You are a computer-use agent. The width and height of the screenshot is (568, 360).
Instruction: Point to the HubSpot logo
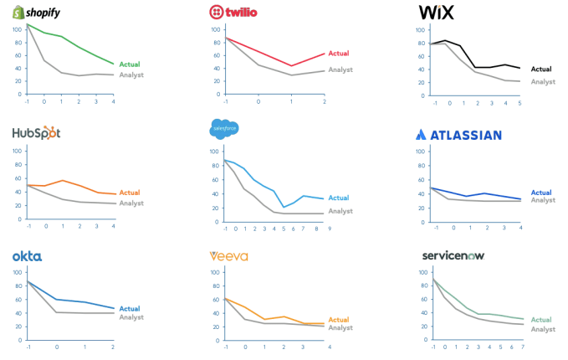tap(36, 133)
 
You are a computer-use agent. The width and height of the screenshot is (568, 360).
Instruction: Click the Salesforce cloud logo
tap(224, 129)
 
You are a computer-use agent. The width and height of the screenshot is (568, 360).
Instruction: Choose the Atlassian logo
tap(458, 134)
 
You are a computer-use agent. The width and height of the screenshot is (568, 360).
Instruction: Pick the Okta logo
tap(27, 255)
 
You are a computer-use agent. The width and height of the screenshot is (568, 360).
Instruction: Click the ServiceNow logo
tap(452, 255)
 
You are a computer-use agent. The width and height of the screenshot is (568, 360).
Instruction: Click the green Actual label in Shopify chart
tap(130, 64)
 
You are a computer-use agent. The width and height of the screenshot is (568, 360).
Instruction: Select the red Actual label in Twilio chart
tap(339, 54)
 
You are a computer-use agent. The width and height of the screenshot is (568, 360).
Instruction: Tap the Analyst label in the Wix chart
tap(543, 81)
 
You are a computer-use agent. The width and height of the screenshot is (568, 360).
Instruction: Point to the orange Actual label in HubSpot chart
tap(130, 193)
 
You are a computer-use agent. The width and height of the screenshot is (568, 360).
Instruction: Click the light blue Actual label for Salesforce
tap(339, 198)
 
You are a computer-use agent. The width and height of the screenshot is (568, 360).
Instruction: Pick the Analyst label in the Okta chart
tap(131, 317)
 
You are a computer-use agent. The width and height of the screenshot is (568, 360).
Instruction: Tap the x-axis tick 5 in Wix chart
tap(519, 103)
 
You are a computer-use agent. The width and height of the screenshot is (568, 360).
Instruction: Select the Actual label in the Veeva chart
tap(339, 320)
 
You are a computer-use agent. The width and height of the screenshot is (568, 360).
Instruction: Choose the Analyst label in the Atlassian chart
tap(542, 200)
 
